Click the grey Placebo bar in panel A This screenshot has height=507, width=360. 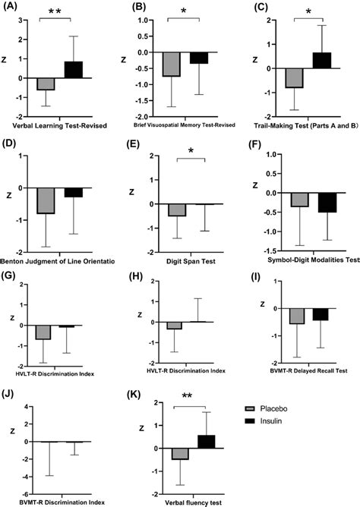tap(45, 83)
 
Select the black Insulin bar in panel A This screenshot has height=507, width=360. tap(73, 70)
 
